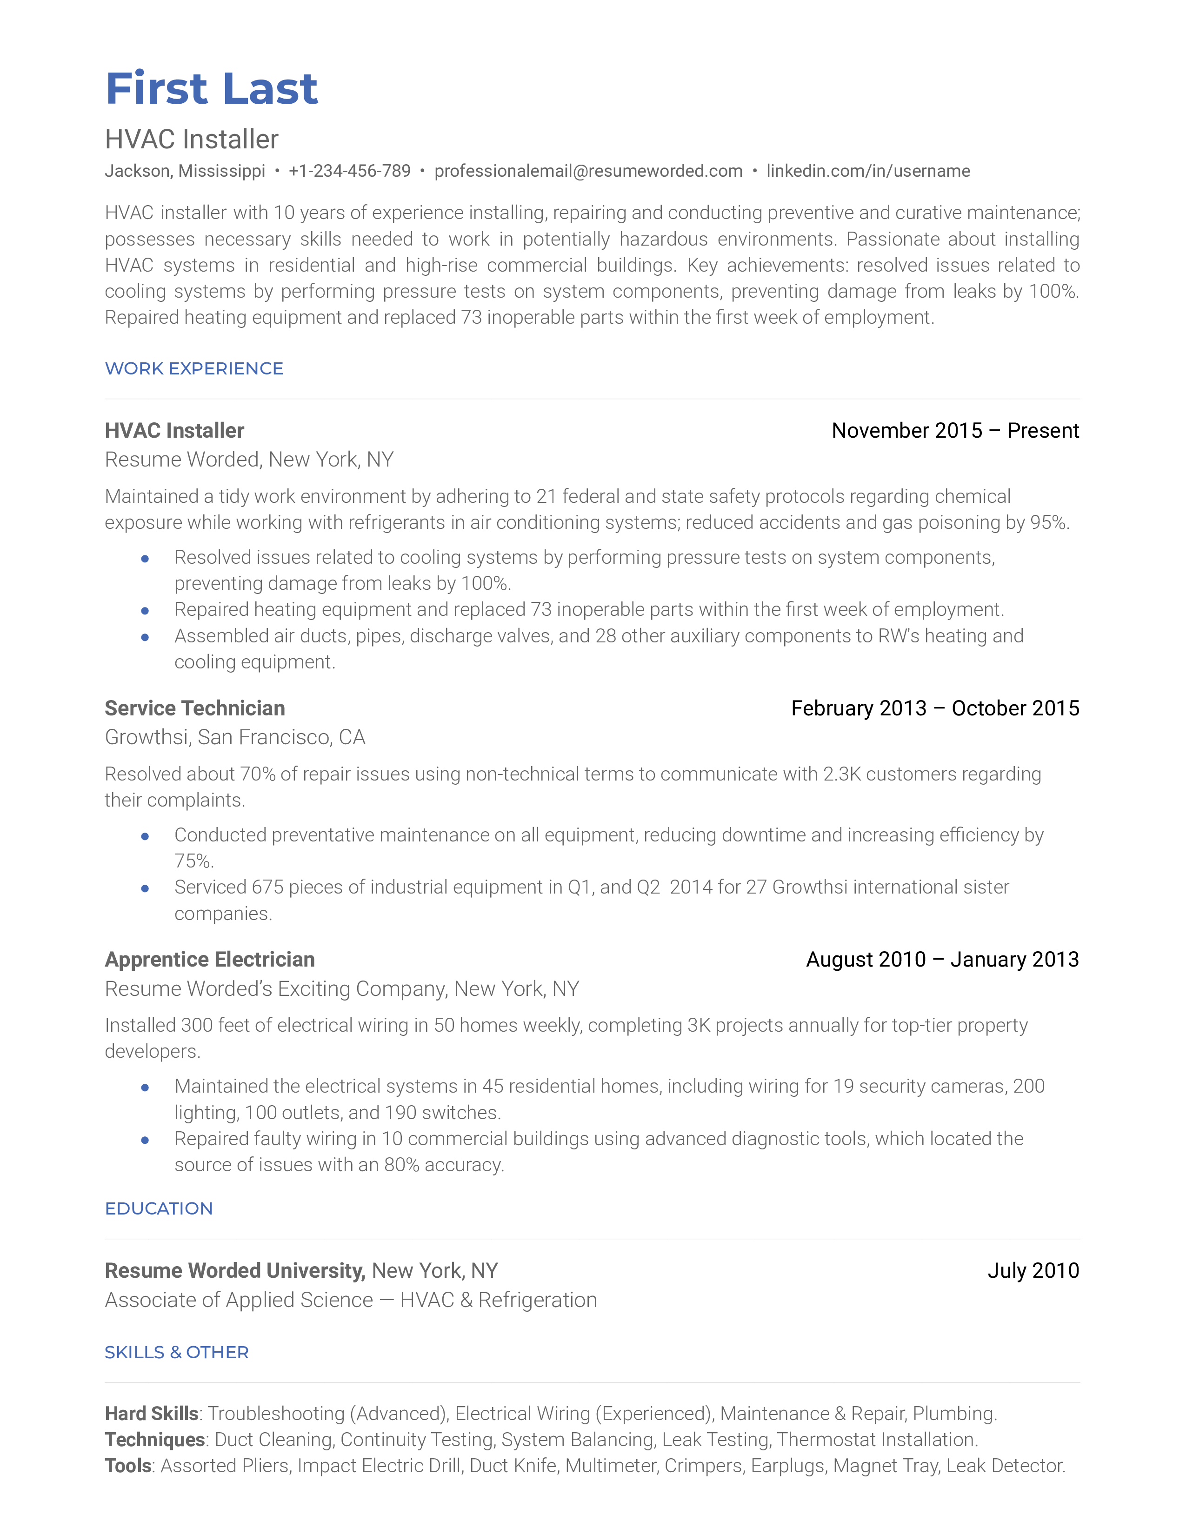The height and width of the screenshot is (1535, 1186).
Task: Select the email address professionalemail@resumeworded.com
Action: pyautogui.click(x=588, y=171)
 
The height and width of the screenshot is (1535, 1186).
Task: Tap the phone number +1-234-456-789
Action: pyautogui.click(x=349, y=171)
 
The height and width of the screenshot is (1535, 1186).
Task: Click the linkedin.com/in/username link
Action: pyautogui.click(x=868, y=171)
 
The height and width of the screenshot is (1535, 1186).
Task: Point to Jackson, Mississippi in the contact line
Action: pyautogui.click(x=185, y=171)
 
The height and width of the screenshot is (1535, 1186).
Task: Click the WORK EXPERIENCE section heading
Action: pyautogui.click(x=194, y=368)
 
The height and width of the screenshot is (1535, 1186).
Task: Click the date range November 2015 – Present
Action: pyautogui.click(x=955, y=430)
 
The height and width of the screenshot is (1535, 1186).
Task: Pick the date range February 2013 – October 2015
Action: pyautogui.click(x=934, y=708)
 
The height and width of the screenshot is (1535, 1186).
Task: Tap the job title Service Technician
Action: pyautogui.click(x=194, y=708)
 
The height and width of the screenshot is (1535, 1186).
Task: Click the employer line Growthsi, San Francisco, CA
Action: pyautogui.click(x=235, y=737)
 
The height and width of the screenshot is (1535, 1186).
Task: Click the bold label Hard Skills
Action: pyautogui.click(x=152, y=1414)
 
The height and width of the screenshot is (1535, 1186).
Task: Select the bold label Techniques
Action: pyautogui.click(x=155, y=1440)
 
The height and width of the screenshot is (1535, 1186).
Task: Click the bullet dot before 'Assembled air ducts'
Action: pyautogui.click(x=145, y=637)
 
